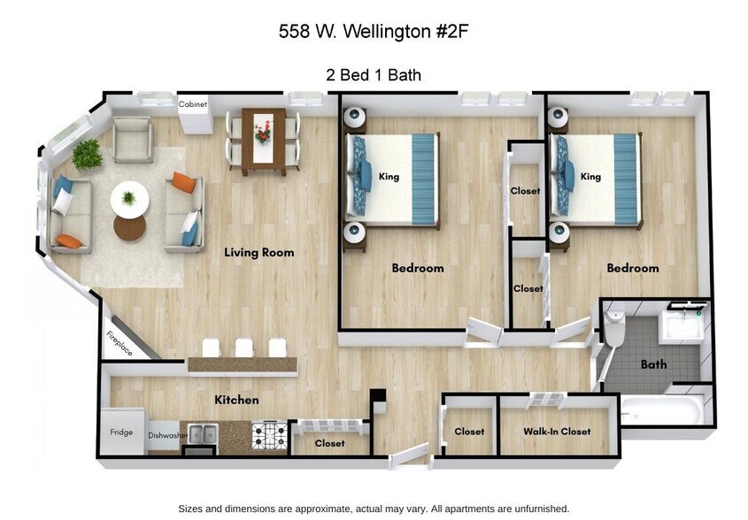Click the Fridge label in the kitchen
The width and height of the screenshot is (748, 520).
[121, 432]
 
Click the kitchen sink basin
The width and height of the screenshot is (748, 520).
[201, 433]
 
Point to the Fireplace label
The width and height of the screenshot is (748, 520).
[120, 343]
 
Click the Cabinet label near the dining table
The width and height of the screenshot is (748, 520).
[193, 104]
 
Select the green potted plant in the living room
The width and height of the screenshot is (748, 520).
[87, 155]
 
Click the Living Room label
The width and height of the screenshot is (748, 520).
[258, 252]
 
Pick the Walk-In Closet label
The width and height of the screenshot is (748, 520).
[557, 432]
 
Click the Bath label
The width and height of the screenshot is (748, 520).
[653, 363]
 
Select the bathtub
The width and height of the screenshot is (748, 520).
[664, 409]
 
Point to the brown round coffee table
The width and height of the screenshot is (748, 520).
[129, 227]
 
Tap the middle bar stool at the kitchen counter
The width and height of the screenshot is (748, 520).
[244, 348]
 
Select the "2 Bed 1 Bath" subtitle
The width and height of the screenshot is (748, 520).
[374, 75]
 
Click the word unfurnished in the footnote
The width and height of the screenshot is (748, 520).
[536, 509]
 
